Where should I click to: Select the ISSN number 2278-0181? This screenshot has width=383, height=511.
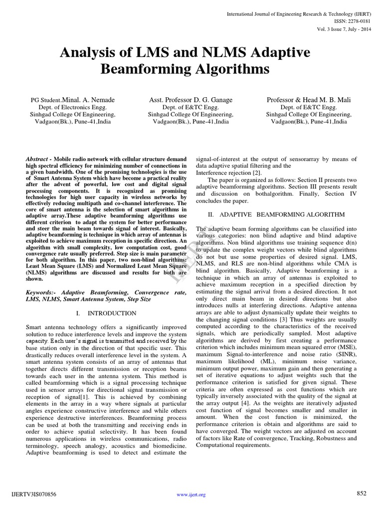[x=355, y=21]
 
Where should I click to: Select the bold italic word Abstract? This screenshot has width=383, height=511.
[x=39, y=158]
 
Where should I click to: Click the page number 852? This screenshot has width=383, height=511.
[x=362, y=493]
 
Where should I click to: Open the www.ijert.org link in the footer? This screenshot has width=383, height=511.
[x=191, y=495]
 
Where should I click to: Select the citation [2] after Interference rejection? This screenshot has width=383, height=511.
[x=252, y=172]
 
